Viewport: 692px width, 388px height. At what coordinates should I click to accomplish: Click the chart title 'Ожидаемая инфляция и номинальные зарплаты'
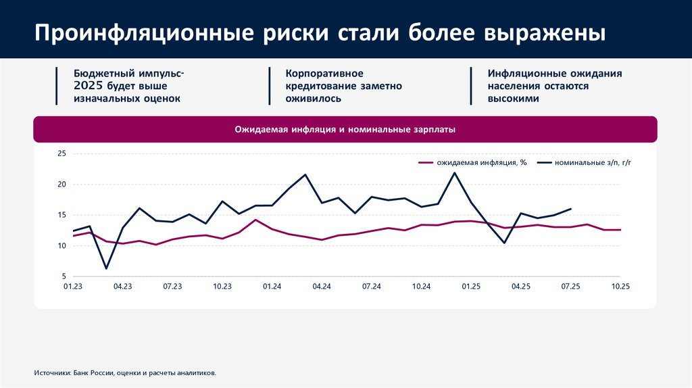point(345,128)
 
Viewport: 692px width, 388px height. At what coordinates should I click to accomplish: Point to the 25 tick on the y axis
point(61,154)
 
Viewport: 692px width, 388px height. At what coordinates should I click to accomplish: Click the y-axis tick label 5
point(64,277)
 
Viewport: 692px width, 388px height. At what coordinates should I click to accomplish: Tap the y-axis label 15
point(61,216)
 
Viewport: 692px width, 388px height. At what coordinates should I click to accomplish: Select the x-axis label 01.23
point(72,287)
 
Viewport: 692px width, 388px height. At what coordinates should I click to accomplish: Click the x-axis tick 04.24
point(322,287)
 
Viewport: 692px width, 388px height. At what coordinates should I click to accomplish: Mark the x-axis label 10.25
point(620,287)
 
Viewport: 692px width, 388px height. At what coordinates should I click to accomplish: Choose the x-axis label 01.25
point(471,287)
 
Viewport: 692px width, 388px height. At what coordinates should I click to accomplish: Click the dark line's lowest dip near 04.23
point(106,268)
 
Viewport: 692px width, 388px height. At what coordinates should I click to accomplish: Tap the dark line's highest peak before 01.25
point(454,172)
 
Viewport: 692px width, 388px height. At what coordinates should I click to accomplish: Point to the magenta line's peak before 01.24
point(255,220)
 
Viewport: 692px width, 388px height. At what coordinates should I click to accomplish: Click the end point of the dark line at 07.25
point(571,209)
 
